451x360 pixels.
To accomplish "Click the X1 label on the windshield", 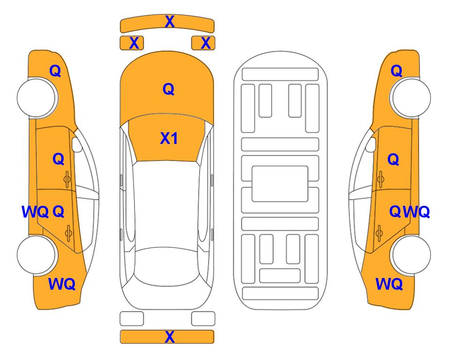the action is [169, 138].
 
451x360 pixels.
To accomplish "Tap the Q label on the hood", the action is [169, 89].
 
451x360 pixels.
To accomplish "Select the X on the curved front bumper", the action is [170, 22].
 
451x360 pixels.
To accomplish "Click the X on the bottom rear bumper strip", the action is [170, 337].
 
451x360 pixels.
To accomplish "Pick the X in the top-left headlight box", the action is [134, 43].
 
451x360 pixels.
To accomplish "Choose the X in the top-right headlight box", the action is [206, 43].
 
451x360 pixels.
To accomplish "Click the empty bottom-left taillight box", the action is [132, 319].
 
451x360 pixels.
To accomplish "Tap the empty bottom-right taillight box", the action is [203, 319].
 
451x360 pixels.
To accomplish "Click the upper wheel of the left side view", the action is [37, 97].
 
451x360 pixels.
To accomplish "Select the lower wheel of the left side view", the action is [37, 255].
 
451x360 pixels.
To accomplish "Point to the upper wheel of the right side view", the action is [410, 97].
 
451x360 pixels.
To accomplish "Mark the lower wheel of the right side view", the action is [410, 255].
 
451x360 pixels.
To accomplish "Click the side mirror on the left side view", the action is [77, 144].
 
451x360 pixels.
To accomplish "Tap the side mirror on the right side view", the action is [371, 144].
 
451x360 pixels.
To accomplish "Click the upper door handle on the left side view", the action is [67, 180].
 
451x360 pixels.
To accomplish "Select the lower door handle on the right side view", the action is [379, 233].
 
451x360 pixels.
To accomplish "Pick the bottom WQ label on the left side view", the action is [62, 284].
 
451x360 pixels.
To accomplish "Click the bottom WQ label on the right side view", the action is [389, 284].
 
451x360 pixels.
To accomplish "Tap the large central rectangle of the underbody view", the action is [280, 184].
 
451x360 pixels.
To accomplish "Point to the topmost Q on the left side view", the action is [55, 71].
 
